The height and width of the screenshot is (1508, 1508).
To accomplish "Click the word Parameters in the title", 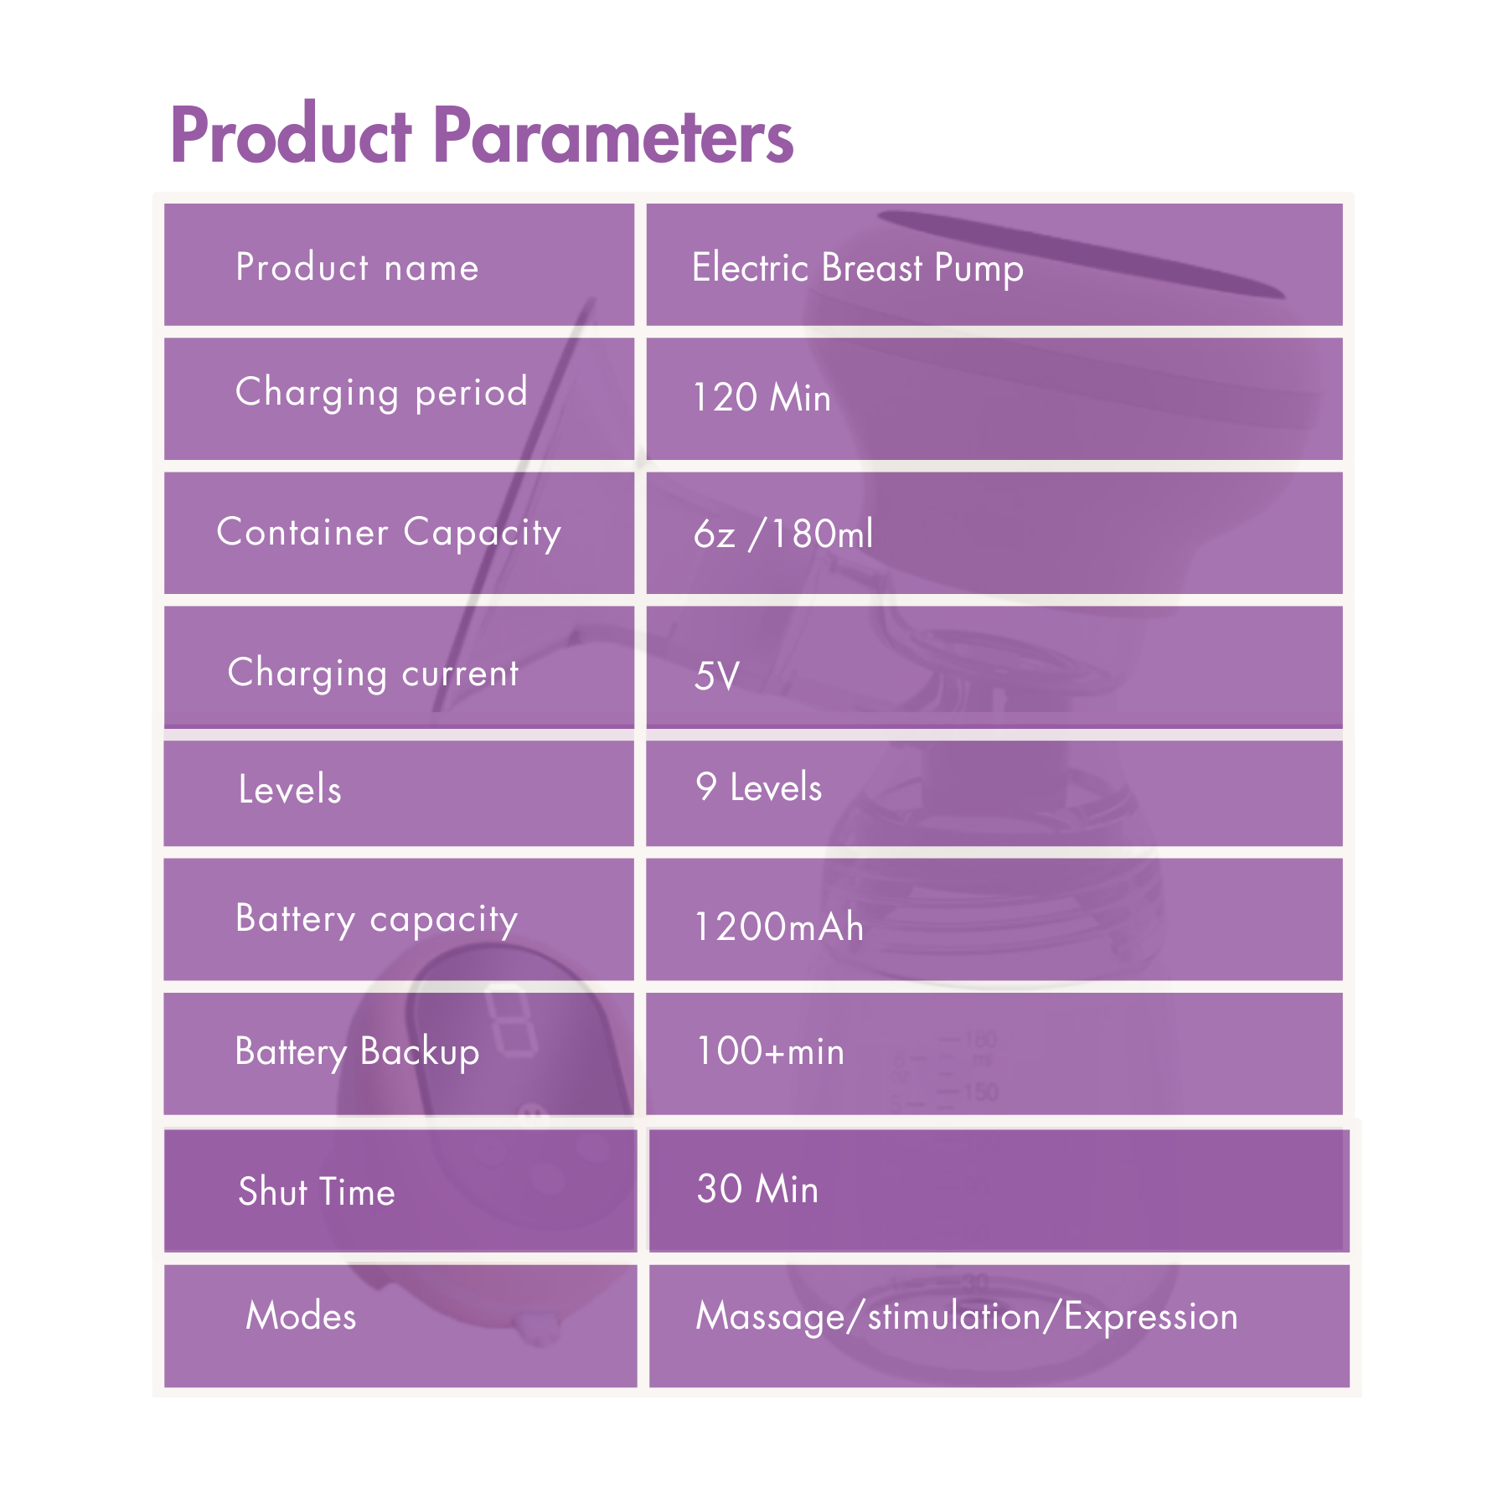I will (612, 136).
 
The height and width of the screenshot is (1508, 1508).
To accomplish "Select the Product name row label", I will (357, 267).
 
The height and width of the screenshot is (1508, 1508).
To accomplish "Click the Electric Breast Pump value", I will (857, 269).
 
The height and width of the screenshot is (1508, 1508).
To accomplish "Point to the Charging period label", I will (381, 392).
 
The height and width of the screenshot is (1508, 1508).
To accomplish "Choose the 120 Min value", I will (762, 397).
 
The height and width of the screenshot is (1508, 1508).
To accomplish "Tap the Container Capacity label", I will (389, 533).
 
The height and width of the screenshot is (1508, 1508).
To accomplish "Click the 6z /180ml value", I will (783, 534).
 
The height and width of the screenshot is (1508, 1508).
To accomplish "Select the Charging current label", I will (374, 674).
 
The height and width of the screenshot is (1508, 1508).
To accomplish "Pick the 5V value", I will (717, 675).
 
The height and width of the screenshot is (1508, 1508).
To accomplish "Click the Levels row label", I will (290, 789).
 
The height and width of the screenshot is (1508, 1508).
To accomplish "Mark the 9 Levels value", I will (759, 788).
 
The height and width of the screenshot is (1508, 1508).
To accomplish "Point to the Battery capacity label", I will (377, 919).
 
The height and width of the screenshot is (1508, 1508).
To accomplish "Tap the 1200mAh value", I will (779, 927).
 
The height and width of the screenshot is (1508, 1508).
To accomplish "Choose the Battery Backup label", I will (357, 1052).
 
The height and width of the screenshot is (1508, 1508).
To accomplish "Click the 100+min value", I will (770, 1051).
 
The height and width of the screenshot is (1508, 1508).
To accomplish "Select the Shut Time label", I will (317, 1191).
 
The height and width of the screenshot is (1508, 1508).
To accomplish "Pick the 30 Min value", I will (757, 1189).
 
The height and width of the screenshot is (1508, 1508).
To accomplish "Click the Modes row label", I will (301, 1315).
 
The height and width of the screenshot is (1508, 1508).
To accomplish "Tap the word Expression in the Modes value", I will (1151, 1317).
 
